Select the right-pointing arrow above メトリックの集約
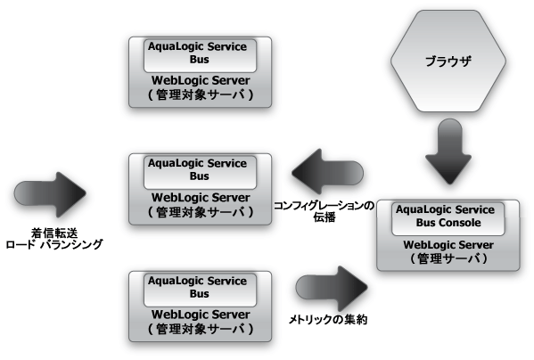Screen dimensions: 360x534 pos(333,285)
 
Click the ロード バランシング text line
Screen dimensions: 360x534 pos(53,244)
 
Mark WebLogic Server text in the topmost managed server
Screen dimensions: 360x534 pos(198,81)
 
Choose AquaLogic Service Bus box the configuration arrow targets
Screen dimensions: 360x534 pos(198,169)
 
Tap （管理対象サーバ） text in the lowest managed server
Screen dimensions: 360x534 pos(198,330)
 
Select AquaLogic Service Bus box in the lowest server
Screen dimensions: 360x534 pos(198,286)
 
